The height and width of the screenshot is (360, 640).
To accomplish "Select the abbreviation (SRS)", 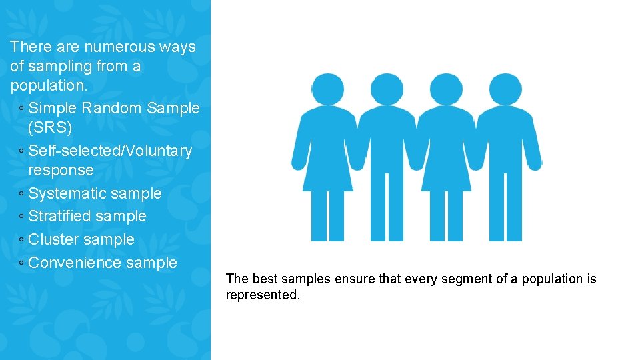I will (x=50, y=127).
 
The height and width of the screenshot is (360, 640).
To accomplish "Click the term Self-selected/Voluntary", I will (x=110, y=151).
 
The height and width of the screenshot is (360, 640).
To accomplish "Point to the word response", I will (x=61, y=170).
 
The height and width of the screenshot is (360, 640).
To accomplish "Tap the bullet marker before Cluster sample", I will (x=22, y=240).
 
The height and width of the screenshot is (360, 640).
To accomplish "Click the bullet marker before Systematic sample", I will (x=22, y=194).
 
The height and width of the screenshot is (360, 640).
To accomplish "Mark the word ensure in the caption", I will (x=355, y=279).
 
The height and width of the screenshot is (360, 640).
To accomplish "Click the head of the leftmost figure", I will (x=327, y=89).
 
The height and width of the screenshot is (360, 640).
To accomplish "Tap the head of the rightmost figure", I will (x=505, y=89).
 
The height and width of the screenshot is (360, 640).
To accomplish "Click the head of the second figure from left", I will (x=387, y=89).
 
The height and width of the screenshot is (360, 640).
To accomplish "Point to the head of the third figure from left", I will (x=446, y=89).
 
